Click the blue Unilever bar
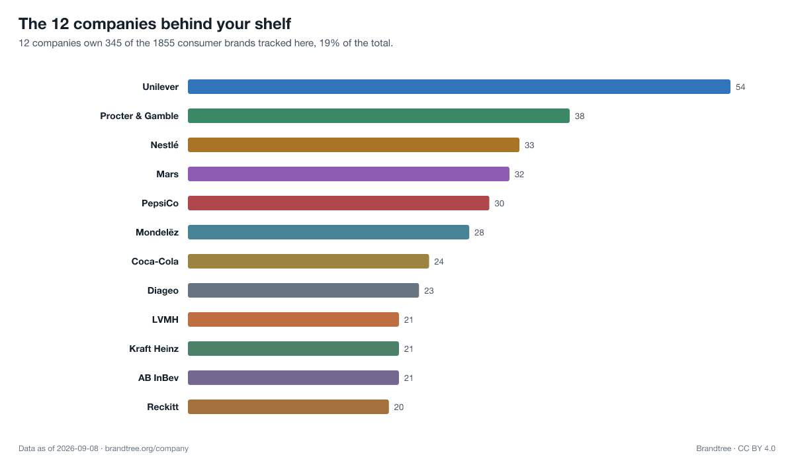pyautogui.click(x=459, y=87)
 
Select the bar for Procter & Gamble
pyautogui.click(x=378, y=116)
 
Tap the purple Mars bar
pyautogui.click(x=349, y=174)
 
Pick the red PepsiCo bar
pyautogui.click(x=339, y=203)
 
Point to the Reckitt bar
pyautogui.click(x=288, y=407)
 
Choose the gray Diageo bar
pyautogui.click(x=304, y=290)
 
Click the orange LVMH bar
pyautogui.click(x=293, y=319)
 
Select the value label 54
pyautogui.click(x=740, y=87)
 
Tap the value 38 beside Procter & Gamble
pyautogui.click(x=580, y=116)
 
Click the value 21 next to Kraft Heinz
pyautogui.click(x=408, y=349)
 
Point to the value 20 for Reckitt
pyautogui.click(x=399, y=407)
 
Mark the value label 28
pyautogui.click(x=479, y=232)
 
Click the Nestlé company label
pyautogui.click(x=165, y=145)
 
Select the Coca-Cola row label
pyautogui.click(x=155, y=261)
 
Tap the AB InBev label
pyautogui.click(x=158, y=378)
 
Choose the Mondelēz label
pyautogui.click(x=157, y=232)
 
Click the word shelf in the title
pyautogui.click(x=273, y=24)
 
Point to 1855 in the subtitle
pyautogui.click(x=164, y=43)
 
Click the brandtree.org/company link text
pyautogui.click(x=147, y=448)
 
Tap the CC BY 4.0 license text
pyautogui.click(x=756, y=448)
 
